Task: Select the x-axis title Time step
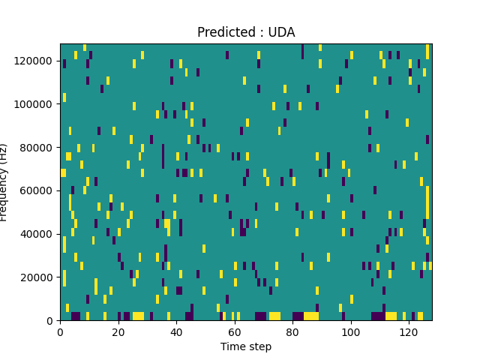coord(246,346)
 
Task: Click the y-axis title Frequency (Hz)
coord(4,182)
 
